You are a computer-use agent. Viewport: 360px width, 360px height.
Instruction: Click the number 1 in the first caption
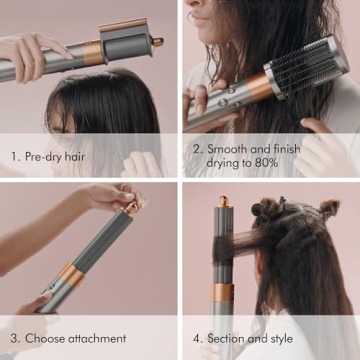click(14, 157)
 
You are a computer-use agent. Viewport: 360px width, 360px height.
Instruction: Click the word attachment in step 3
click(99, 338)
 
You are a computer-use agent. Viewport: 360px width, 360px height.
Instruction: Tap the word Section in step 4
click(230, 338)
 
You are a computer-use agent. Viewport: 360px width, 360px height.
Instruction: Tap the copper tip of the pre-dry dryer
click(157, 42)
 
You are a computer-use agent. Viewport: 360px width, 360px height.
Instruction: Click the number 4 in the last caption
click(196, 338)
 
